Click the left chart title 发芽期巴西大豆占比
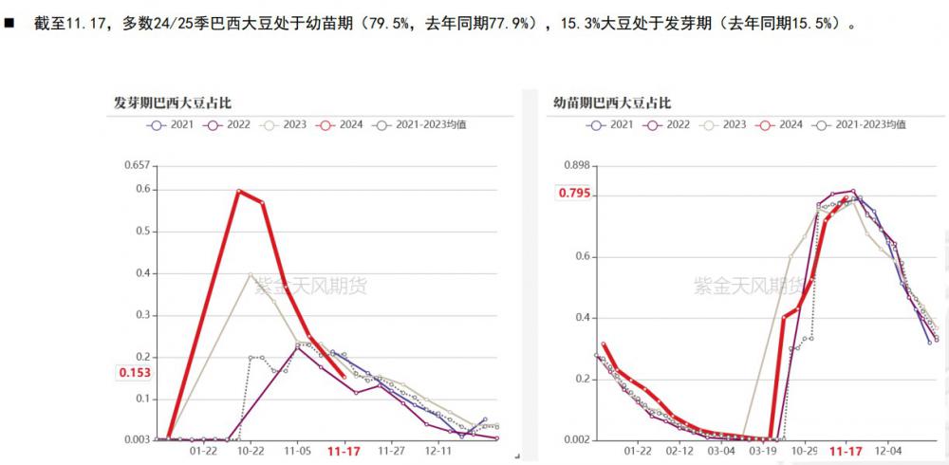pyautogui.click(x=166, y=102)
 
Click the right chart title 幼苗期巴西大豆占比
pyautogui.click(x=612, y=102)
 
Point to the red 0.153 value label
pyautogui.click(x=136, y=373)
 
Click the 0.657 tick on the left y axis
pyautogui.click(x=138, y=165)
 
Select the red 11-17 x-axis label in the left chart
pyautogui.click(x=343, y=452)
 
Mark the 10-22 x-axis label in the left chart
pyautogui.click(x=251, y=452)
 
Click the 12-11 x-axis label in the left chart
pyautogui.click(x=438, y=452)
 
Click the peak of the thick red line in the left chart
pyautogui.click(x=239, y=191)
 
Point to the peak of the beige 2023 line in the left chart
pyautogui.click(x=251, y=274)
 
